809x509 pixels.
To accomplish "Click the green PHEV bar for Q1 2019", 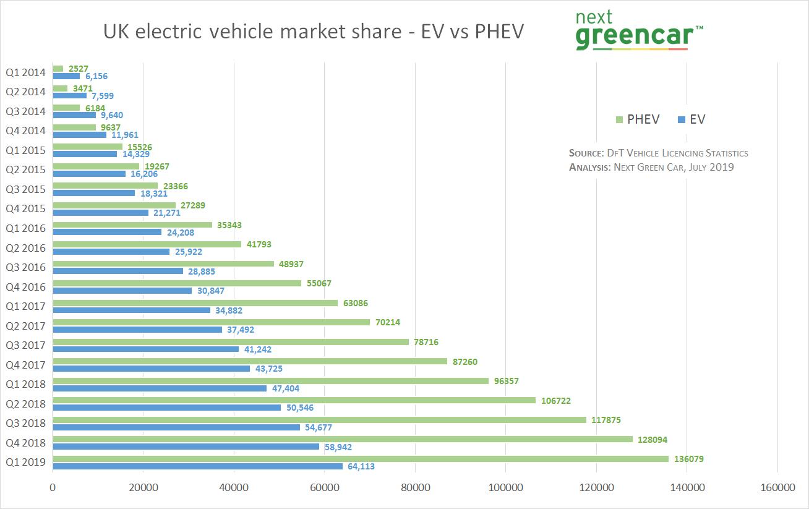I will tap(361, 459).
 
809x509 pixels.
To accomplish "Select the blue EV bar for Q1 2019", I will tap(198, 466).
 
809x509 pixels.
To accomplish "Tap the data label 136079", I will tap(688, 459).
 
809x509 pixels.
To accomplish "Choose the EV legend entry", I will tap(691, 120).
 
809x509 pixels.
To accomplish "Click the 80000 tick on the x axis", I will tap(415, 488).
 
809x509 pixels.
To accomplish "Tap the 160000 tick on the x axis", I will tap(777, 488).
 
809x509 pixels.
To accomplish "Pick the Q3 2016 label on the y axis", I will tap(25, 268).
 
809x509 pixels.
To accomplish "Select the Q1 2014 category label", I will tap(25, 72).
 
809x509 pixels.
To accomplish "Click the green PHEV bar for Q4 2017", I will tap(250, 361).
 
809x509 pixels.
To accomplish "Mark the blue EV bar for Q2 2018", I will tap(167, 408).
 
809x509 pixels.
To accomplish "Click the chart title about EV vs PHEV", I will tap(313, 32).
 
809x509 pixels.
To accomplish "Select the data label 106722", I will tap(555, 401).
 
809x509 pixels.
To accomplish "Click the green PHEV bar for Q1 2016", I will tap(132, 225).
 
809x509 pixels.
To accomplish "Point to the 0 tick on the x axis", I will tap(53, 488).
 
